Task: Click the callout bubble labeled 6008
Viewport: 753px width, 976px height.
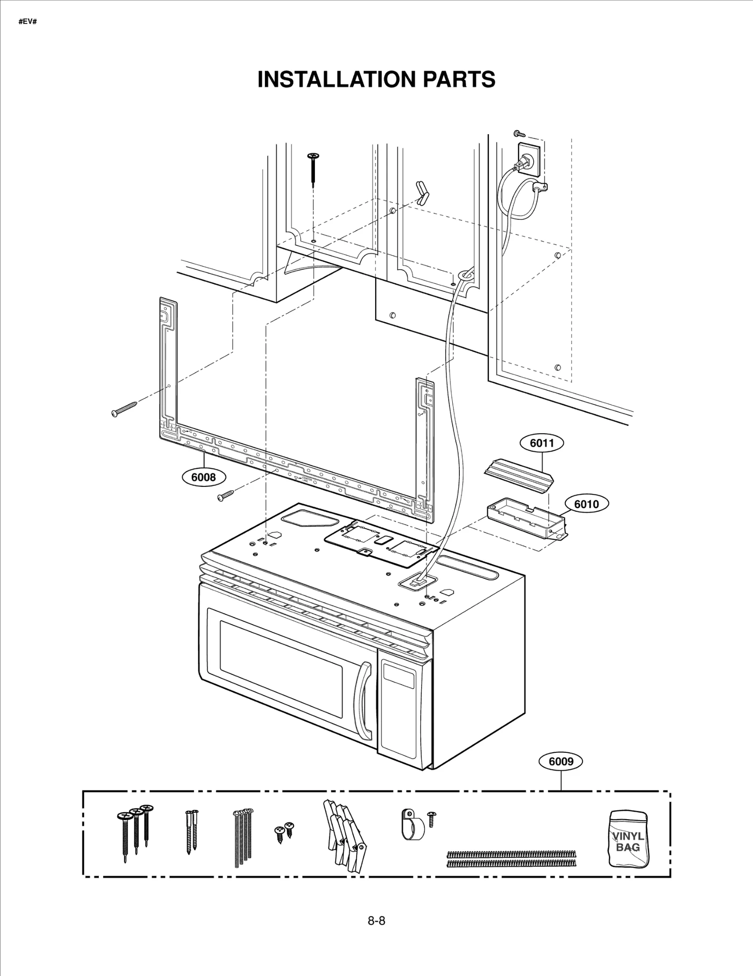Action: (203, 477)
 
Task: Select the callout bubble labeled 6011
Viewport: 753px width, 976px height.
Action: (542, 443)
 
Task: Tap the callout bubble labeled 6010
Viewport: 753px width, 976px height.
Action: (586, 504)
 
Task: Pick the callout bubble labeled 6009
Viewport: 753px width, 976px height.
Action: (561, 761)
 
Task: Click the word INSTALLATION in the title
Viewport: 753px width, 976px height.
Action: (336, 79)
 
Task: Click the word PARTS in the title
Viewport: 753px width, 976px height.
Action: (459, 79)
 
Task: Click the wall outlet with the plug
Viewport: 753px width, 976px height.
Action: (528, 159)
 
